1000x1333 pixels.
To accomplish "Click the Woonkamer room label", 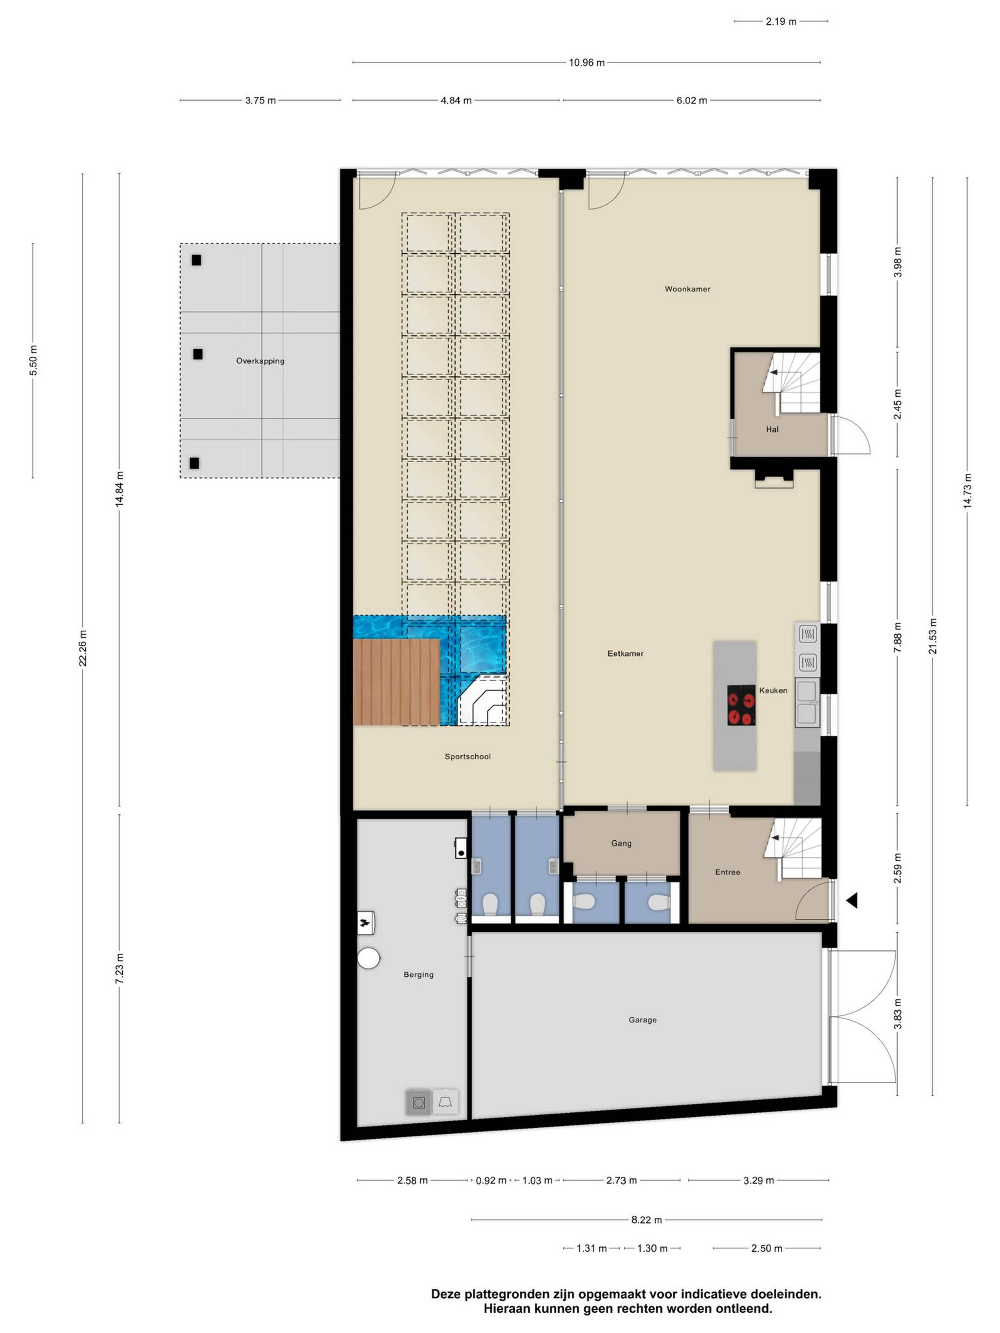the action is click(x=687, y=289).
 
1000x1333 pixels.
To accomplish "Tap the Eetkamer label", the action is click(x=625, y=653).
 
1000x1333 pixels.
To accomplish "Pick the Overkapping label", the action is click(x=260, y=361).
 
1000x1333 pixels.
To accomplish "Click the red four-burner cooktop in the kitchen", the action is click(x=741, y=705).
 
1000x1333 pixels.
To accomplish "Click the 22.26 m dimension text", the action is click(x=83, y=648).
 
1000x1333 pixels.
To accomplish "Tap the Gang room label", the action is click(x=621, y=843).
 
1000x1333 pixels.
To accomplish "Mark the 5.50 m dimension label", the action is click(x=33, y=360).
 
